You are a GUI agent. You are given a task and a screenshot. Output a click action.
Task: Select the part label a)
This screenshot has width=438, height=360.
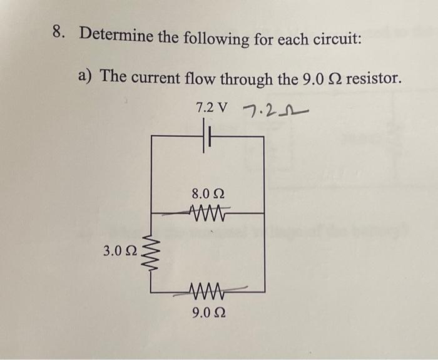pos(86,76)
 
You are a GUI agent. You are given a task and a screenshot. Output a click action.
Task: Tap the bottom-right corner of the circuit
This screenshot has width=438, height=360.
pos(265,292)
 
